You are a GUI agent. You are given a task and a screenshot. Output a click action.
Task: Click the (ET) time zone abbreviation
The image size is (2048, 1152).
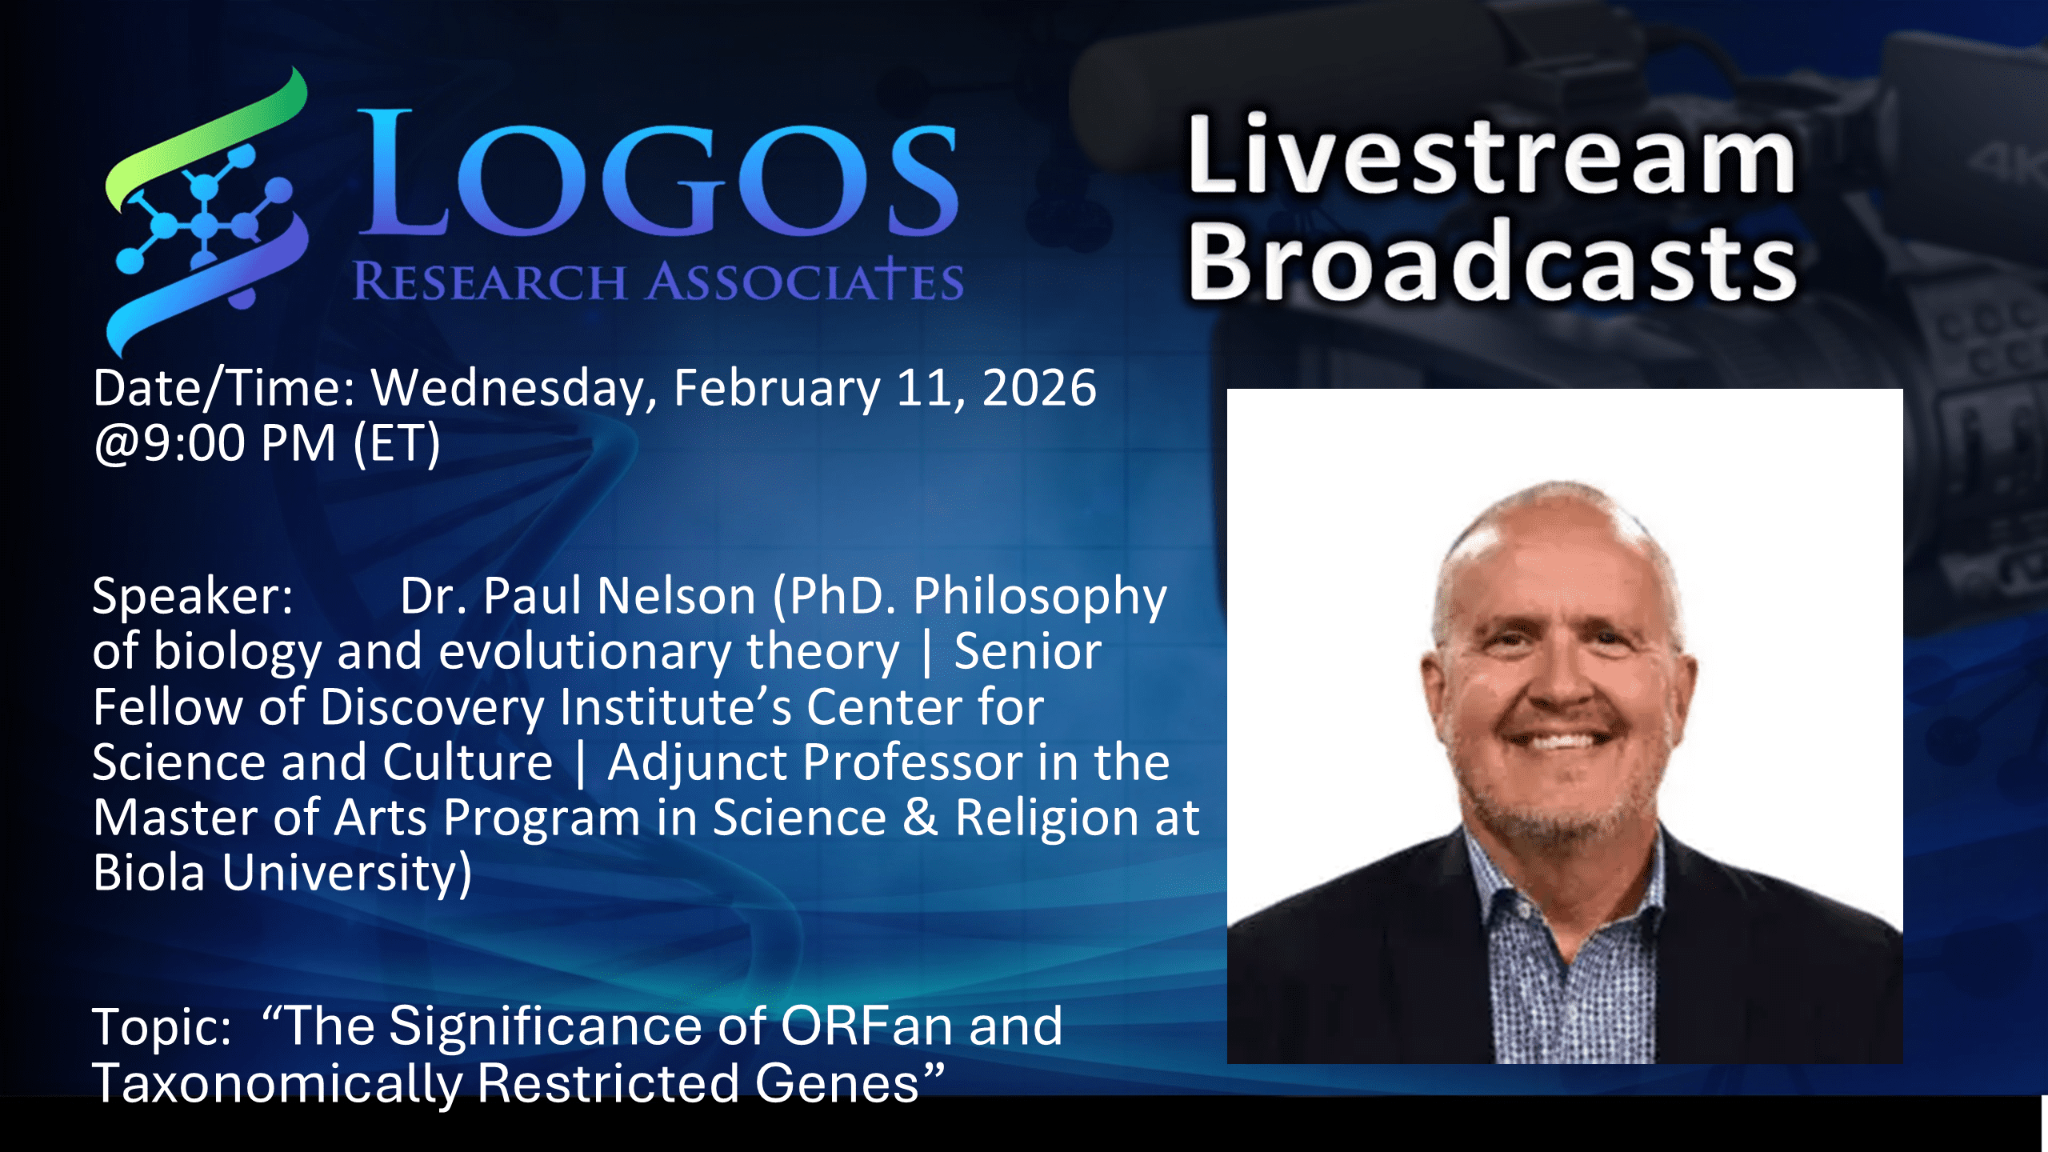tap(397, 445)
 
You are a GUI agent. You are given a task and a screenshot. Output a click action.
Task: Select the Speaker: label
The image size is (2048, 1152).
tap(193, 598)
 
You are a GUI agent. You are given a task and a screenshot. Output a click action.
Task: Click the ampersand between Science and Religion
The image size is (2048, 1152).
tap(920, 818)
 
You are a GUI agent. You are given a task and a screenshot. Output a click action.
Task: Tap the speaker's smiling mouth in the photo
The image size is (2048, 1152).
tap(1560, 741)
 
